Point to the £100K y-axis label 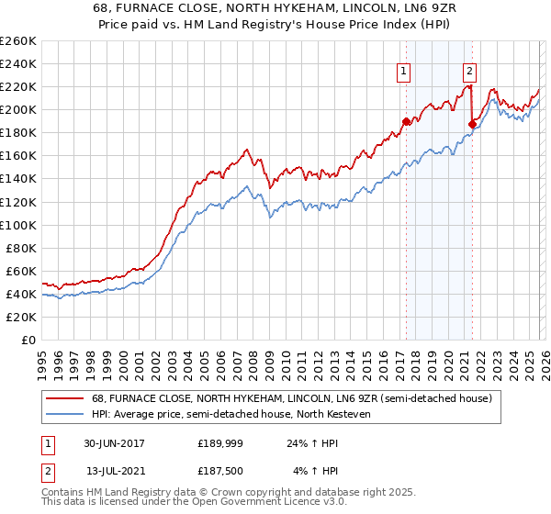[x=18, y=225]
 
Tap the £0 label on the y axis [x=28, y=341]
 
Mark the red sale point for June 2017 [x=406, y=121]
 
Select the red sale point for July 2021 [x=472, y=124]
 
